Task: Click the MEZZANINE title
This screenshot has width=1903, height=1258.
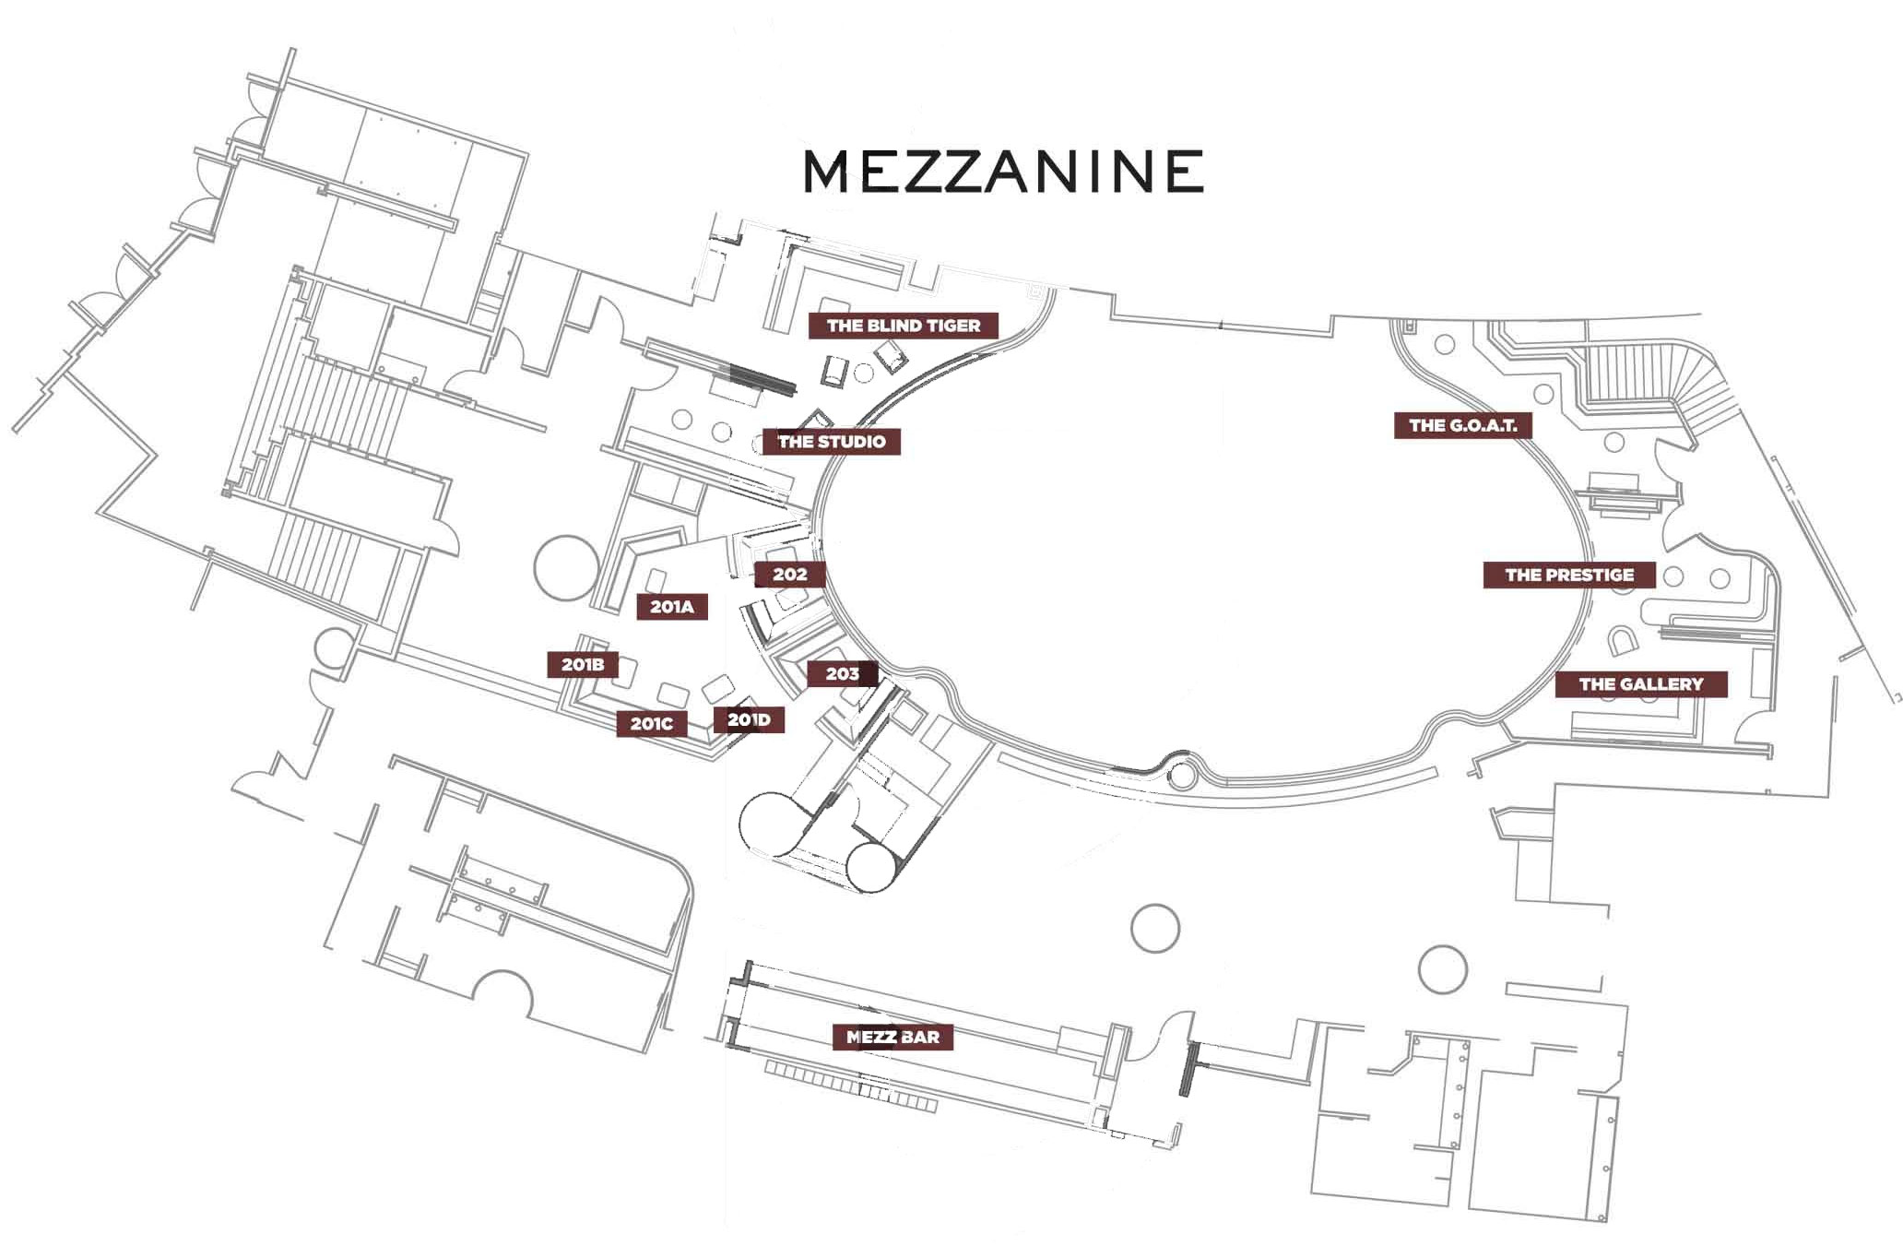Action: point(1003,171)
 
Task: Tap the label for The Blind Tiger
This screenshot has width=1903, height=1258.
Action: point(904,326)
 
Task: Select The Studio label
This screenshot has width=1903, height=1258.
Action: point(832,442)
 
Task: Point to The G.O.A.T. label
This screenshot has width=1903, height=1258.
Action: point(1462,425)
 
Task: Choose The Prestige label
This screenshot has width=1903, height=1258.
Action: point(1569,575)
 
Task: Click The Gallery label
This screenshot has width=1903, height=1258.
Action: point(1641,683)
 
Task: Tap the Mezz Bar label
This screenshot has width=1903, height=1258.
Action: point(892,1037)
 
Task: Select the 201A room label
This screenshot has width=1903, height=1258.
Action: point(672,607)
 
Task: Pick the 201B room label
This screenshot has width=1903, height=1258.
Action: point(583,664)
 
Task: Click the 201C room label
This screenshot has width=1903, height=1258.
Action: point(652,724)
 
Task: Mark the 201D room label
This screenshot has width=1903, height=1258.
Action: point(749,719)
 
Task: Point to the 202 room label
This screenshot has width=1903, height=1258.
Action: point(789,575)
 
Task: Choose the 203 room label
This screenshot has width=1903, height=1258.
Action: point(842,674)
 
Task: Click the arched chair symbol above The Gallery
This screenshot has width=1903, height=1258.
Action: point(1621,639)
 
